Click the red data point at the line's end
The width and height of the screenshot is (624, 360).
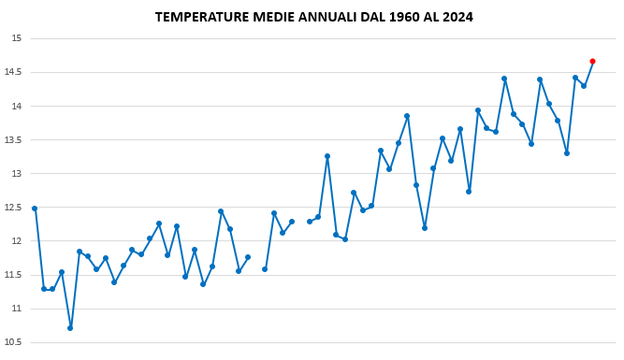pyautogui.click(x=592, y=61)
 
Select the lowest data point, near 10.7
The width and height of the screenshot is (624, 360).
pyautogui.click(x=70, y=328)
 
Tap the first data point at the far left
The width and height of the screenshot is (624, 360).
pyautogui.click(x=35, y=209)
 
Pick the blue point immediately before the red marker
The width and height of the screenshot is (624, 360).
pyautogui.click(x=584, y=86)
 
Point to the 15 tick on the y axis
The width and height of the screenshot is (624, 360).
pyautogui.click(x=16, y=38)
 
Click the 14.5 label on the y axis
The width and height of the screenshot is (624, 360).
pyautogui.click(x=13, y=72)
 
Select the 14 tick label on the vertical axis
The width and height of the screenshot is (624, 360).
pyautogui.click(x=16, y=106)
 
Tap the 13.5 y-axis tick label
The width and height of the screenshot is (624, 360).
pyautogui.click(x=13, y=139)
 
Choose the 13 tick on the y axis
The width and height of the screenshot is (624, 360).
pyautogui.click(x=16, y=174)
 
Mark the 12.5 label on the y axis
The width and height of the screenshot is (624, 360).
pyautogui.click(x=13, y=208)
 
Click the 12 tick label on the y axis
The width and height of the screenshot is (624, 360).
pyautogui.click(x=16, y=241)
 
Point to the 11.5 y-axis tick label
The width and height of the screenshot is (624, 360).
pyautogui.click(x=13, y=275)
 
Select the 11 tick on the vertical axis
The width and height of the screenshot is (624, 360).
pyautogui.click(x=16, y=309)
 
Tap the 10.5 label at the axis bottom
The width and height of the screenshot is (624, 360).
pyautogui.click(x=13, y=342)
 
